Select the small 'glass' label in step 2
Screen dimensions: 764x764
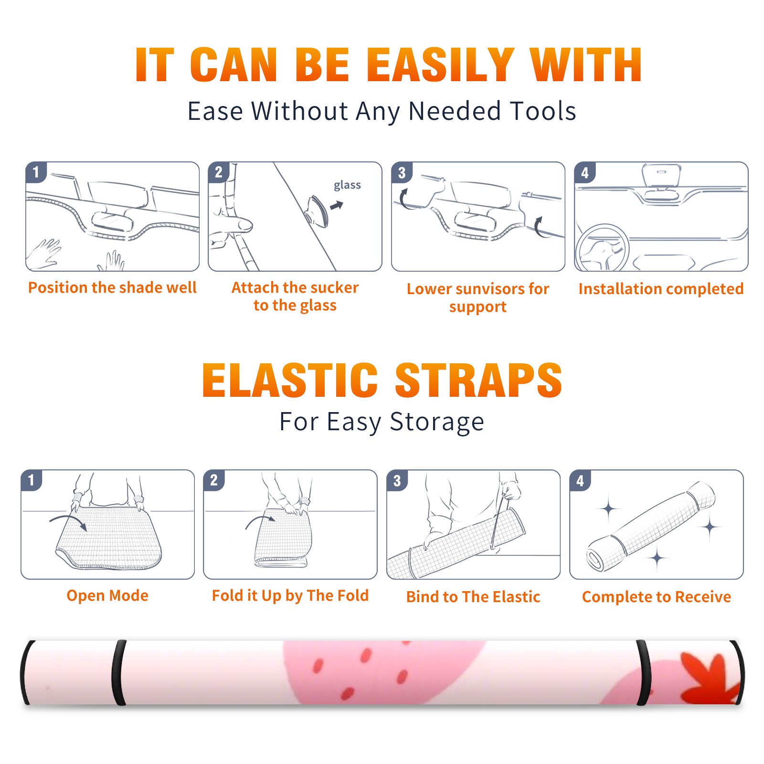[x=347, y=185]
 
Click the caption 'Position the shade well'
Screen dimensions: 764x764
[x=112, y=287]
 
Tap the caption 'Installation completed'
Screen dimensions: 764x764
[x=661, y=288]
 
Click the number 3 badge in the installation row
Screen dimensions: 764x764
[x=402, y=173]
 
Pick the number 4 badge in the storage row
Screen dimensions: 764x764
[x=580, y=480]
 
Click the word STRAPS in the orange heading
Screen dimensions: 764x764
[x=478, y=380]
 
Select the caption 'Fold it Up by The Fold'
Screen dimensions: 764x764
[x=290, y=595]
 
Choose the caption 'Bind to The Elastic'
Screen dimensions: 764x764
[x=473, y=596]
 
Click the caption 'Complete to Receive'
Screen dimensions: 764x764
[x=657, y=596]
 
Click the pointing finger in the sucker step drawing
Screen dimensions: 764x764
[x=233, y=224]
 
